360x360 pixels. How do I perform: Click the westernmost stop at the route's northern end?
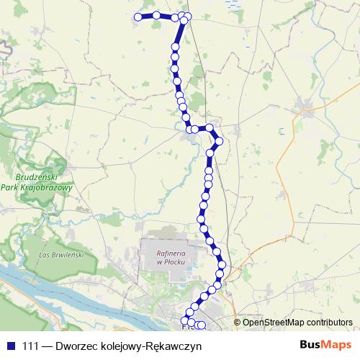tap(138, 17)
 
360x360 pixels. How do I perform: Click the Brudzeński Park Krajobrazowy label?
tap(45, 182)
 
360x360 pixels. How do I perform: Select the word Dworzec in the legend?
tap(76, 345)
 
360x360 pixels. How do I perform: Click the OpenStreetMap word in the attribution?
tap(274, 322)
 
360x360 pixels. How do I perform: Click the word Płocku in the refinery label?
tap(171, 261)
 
